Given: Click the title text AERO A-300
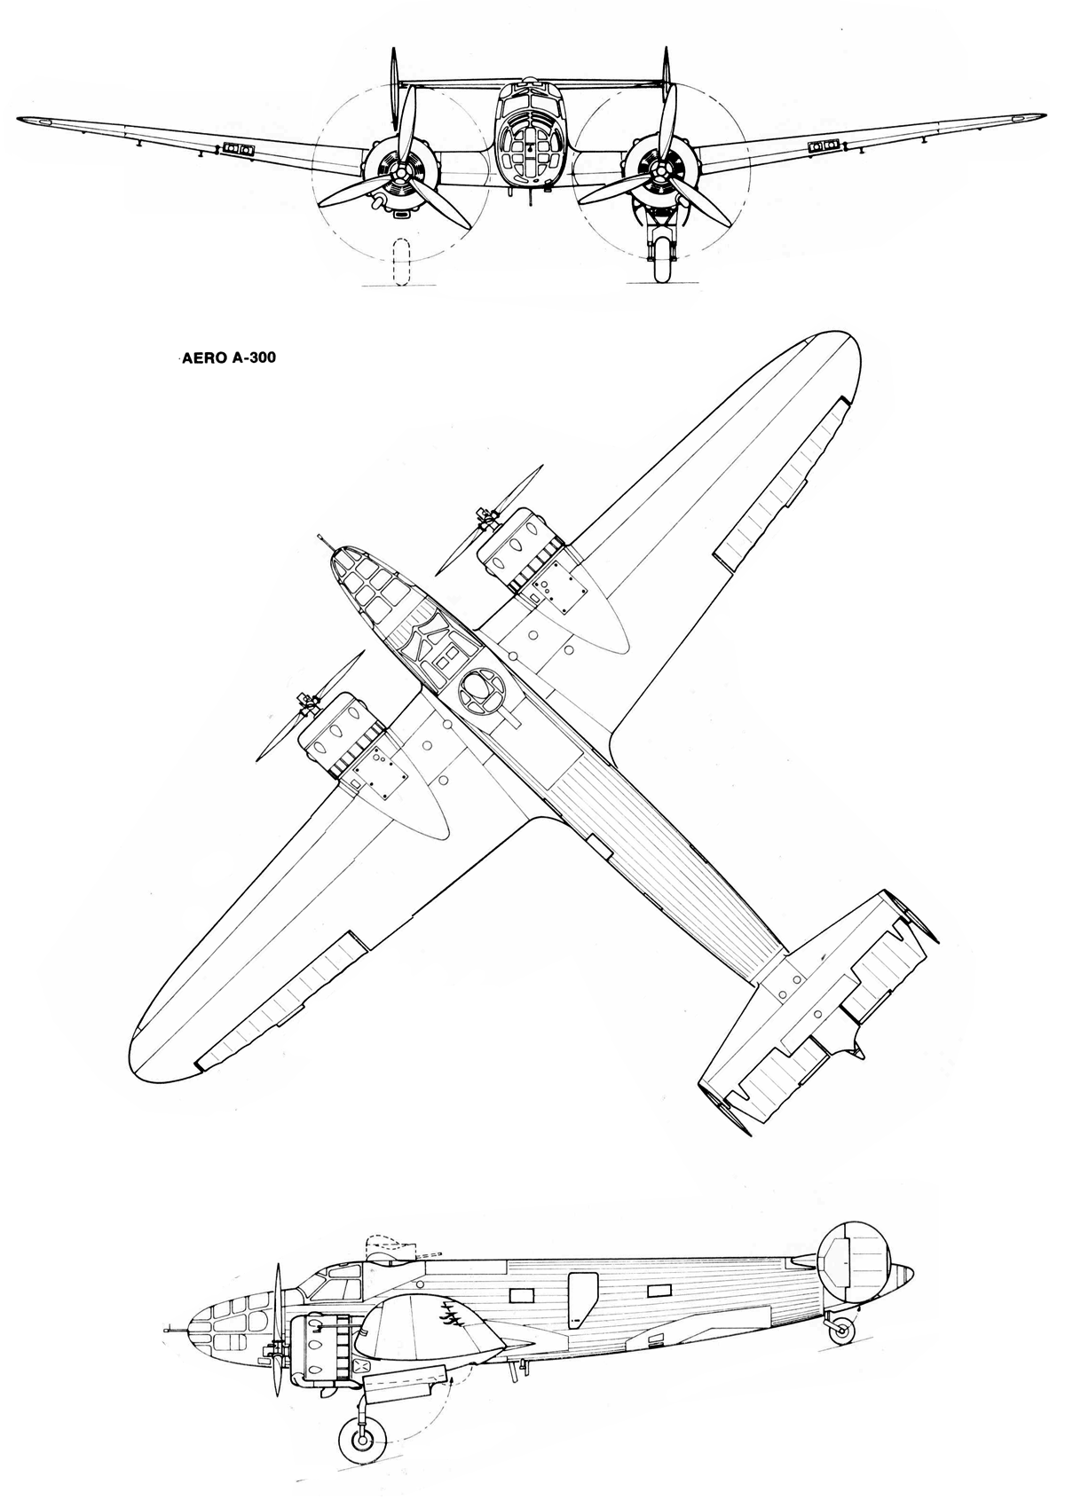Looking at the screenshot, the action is coord(225,358).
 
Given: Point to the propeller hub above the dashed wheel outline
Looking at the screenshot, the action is coord(400,173).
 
